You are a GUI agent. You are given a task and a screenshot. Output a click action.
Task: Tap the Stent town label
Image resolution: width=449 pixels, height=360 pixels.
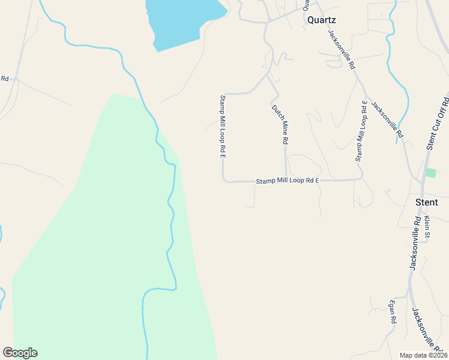(427, 202)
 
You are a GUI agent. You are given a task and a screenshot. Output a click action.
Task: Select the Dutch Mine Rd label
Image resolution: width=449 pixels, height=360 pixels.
(280, 124)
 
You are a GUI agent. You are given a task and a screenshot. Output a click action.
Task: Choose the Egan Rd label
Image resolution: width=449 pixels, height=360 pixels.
(394, 311)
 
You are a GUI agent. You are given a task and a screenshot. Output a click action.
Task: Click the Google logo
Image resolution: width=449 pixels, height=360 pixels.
(20, 353)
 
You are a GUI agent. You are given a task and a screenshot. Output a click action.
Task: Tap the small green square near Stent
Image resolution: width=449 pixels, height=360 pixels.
(430, 173)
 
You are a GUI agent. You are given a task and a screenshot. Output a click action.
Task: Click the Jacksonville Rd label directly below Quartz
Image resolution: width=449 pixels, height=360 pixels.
(343, 49)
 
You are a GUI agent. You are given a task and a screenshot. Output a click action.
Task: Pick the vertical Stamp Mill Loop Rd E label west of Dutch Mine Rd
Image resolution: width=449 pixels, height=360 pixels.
(222, 126)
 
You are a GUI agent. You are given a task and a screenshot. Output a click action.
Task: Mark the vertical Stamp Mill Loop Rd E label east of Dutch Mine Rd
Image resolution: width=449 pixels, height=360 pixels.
(361, 131)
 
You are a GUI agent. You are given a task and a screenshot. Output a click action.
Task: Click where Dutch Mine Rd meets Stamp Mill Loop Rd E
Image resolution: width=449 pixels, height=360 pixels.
(285, 181)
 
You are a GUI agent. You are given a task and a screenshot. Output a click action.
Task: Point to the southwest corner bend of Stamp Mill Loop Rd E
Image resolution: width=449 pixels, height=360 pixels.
(224, 180)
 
